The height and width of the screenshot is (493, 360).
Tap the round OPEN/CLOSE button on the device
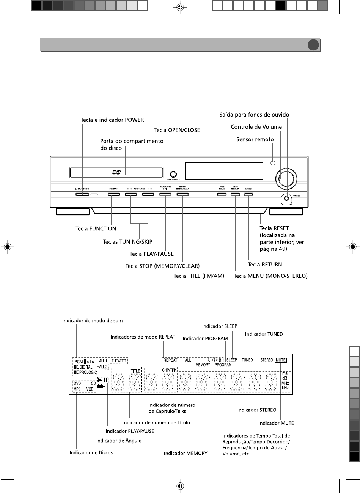click(173, 174)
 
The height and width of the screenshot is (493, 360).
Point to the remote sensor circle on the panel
click(273, 163)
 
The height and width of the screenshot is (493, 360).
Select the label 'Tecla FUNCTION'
click(96, 228)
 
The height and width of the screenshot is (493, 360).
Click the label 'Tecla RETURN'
click(265, 264)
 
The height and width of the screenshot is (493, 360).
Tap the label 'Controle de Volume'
click(256, 127)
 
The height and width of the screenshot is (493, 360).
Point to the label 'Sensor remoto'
click(255, 139)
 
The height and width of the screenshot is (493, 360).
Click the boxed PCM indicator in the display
click(79, 361)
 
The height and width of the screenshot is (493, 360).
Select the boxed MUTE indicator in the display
click(281, 360)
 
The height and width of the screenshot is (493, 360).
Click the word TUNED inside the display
click(247, 360)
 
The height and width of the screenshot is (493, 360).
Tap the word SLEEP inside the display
click(231, 360)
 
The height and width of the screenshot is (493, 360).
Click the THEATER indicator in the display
click(119, 361)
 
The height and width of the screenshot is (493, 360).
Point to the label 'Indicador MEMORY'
click(186, 453)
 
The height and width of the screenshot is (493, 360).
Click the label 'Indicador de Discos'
click(91, 452)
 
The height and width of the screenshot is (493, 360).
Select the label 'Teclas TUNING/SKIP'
click(127, 241)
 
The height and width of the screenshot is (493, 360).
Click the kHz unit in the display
click(285, 388)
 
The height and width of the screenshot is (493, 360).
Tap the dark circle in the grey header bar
click(313, 45)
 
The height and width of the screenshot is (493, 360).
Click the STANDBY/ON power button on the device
click(82, 195)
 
